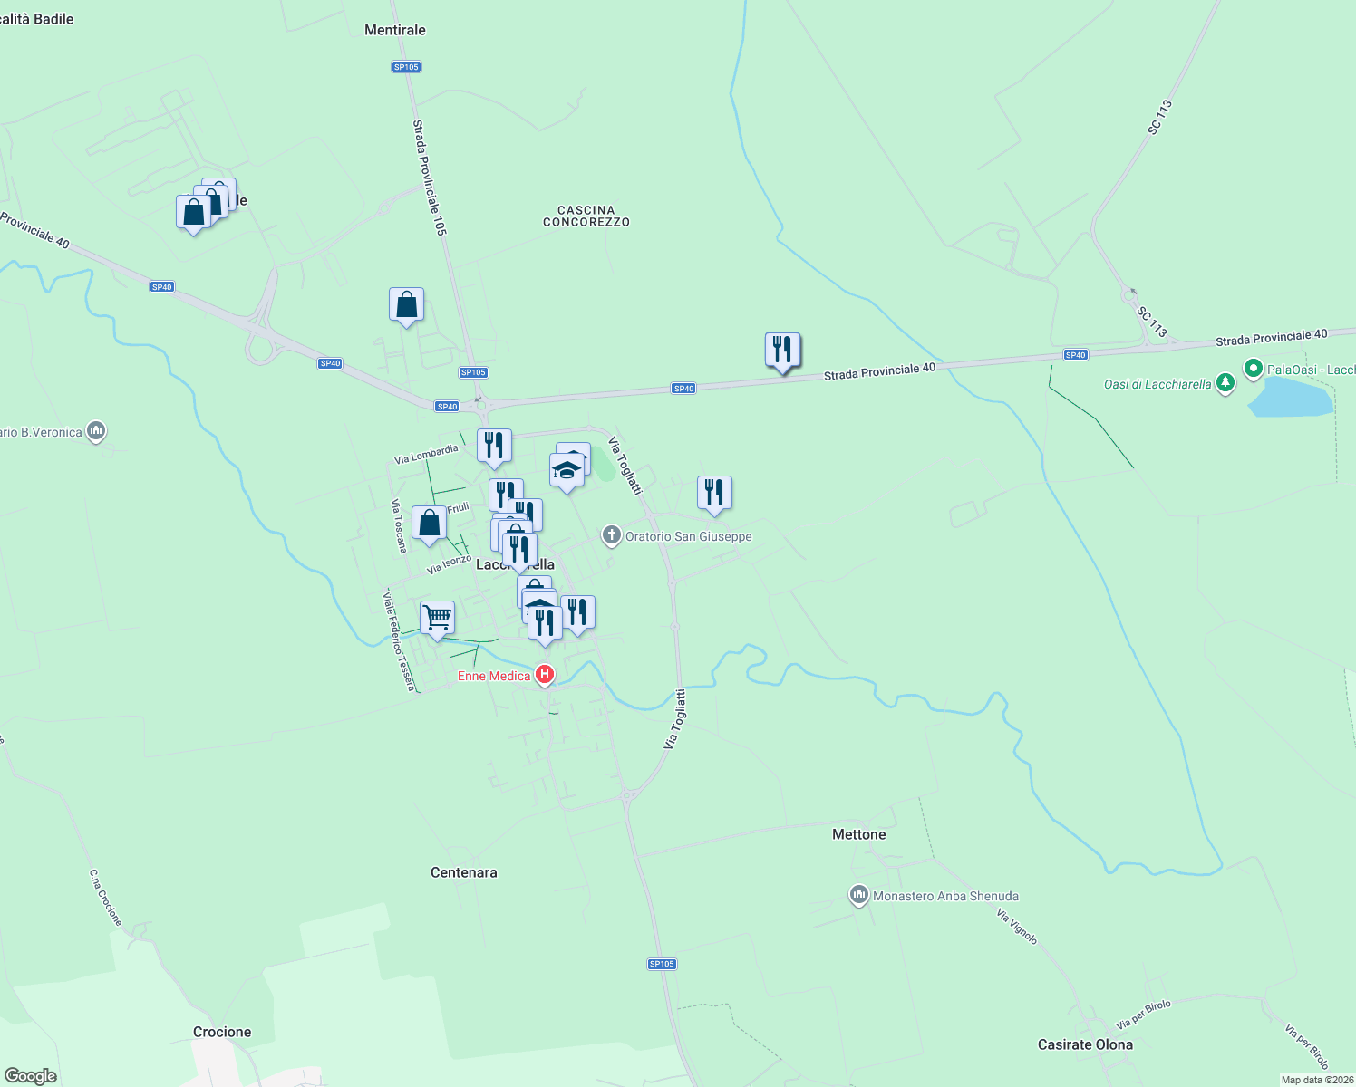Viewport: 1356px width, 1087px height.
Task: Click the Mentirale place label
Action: coord(394,30)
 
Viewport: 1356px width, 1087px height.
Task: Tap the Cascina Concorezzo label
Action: coord(586,216)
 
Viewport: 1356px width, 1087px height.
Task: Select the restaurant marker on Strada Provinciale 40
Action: coord(782,350)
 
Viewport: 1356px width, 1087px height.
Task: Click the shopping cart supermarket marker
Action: coord(438,619)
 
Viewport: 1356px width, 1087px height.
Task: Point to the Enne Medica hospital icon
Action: coord(545,675)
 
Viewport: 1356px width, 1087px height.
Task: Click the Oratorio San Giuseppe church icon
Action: coord(612,535)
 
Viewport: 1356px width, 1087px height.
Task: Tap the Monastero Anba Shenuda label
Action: coord(944,896)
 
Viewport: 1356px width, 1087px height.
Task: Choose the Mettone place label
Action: coord(858,834)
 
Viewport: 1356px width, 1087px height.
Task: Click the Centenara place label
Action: coord(463,872)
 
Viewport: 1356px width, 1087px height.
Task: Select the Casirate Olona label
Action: coord(1085,1044)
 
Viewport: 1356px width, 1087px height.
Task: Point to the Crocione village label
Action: coord(222,1032)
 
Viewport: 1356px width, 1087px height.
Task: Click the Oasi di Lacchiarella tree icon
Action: coord(1225,383)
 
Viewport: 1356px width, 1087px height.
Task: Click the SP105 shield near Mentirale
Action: coord(406,67)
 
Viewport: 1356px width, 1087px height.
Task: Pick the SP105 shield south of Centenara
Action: coord(662,964)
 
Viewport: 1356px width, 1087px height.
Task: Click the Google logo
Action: coord(30,1076)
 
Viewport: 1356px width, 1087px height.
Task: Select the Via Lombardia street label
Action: coord(426,454)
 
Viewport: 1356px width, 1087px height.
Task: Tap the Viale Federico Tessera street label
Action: coord(398,640)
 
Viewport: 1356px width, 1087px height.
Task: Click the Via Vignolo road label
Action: coord(1016,928)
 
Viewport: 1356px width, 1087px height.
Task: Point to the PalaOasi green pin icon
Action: coord(1254,369)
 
